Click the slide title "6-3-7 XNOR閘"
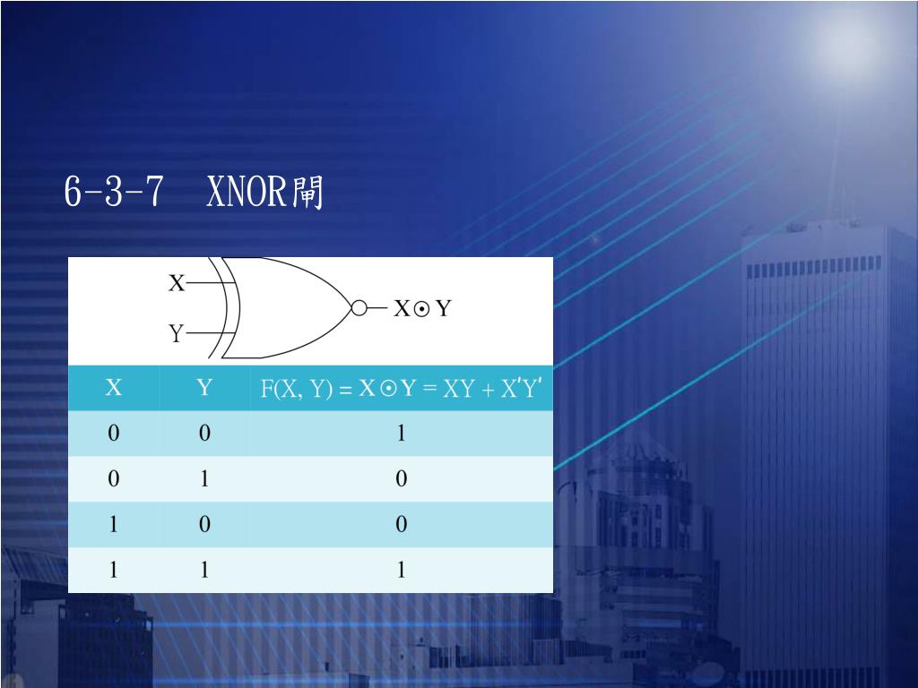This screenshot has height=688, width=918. [x=194, y=192]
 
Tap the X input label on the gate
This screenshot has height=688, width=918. [x=177, y=284]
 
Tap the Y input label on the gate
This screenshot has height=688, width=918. [x=177, y=334]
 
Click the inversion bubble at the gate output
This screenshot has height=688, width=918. [x=359, y=308]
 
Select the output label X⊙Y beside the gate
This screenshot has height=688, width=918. [x=423, y=309]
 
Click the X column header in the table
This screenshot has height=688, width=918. [x=114, y=388]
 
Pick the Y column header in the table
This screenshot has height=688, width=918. [x=205, y=388]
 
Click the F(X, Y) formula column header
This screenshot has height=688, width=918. [x=401, y=389]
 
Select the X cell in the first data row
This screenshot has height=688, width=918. [x=114, y=434]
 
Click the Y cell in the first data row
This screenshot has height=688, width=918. [x=205, y=434]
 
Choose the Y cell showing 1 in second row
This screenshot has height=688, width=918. [x=205, y=479]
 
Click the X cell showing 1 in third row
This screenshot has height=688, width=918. [x=114, y=524]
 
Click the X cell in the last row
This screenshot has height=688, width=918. [x=114, y=570]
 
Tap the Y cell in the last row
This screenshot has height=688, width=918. [x=205, y=570]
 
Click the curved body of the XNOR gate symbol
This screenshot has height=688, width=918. [x=287, y=308]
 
